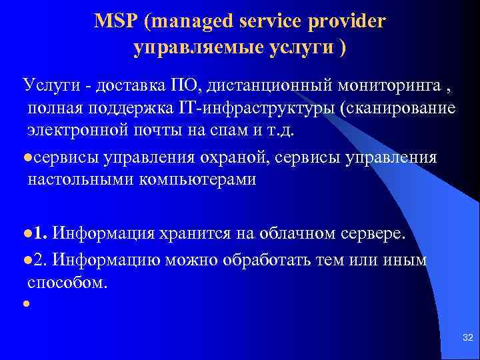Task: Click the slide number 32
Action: [x=467, y=339]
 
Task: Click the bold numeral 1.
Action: [x=39, y=233]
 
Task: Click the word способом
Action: [x=67, y=282]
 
